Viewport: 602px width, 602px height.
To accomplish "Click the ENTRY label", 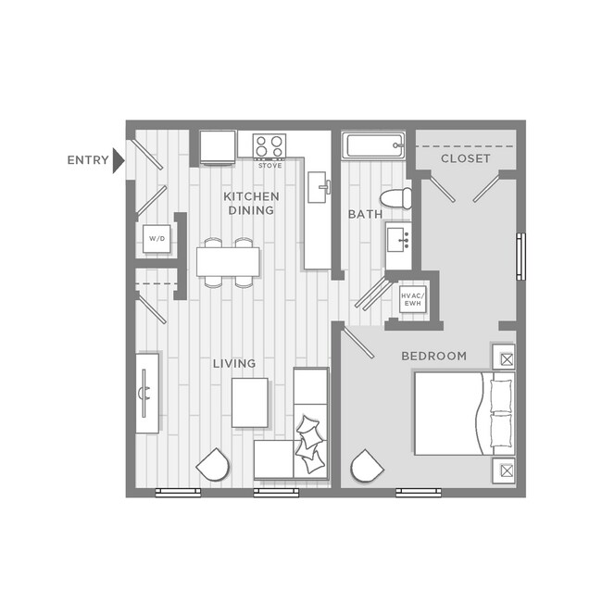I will [x=87, y=160].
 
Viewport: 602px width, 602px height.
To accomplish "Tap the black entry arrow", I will [x=118, y=160].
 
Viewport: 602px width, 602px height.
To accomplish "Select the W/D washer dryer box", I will [x=156, y=239].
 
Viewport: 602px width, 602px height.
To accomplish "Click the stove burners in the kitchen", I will [x=270, y=145].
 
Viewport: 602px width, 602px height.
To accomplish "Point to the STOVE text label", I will [x=270, y=166].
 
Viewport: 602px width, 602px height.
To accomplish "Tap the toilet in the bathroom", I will [x=398, y=198].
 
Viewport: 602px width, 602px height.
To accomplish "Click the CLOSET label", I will [x=465, y=158].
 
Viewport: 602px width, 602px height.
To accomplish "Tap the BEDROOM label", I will [x=433, y=356].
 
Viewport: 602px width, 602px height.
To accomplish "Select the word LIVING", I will [x=234, y=363].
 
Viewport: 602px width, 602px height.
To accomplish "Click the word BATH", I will [x=365, y=214].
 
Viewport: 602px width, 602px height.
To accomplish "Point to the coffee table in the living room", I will [x=249, y=403].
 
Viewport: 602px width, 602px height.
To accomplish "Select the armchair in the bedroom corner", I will [x=368, y=465].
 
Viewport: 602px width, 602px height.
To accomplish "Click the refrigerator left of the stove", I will [x=218, y=147].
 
